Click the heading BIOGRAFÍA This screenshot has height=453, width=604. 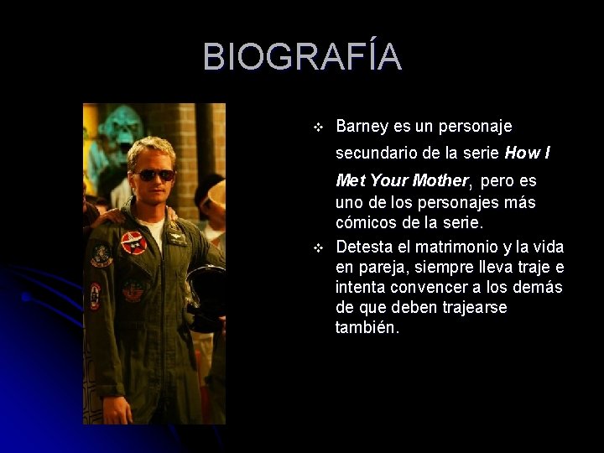[302, 57]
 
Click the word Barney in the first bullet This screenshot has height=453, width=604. [362, 127]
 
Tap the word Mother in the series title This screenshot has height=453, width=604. [440, 180]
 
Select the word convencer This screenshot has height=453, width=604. [432, 288]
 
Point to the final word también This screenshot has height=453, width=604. [367, 328]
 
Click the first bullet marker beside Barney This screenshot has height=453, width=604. [318, 128]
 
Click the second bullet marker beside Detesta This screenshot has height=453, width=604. [318, 247]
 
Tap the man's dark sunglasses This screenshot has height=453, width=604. [154, 174]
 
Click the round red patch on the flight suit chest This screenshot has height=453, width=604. [133, 242]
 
